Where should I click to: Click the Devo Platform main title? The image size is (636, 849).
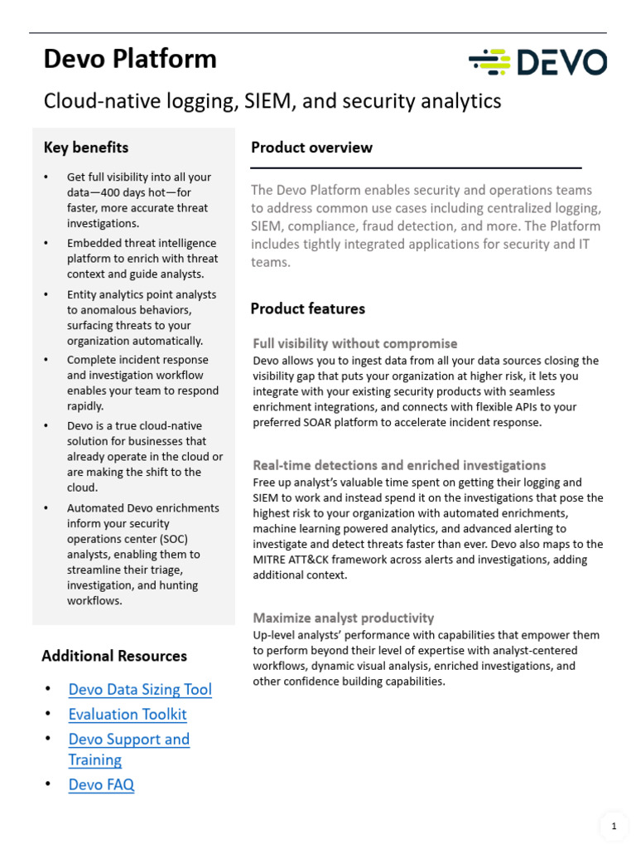130,59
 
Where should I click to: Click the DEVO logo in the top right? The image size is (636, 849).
537,62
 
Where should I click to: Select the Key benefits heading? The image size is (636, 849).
86,148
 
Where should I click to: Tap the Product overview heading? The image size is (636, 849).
311,148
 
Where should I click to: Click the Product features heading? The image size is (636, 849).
308,308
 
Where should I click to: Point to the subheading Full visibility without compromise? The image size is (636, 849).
354,343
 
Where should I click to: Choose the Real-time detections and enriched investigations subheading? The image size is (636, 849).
399,465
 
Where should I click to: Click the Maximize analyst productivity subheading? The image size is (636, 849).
343,618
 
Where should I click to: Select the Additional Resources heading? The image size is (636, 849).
114,656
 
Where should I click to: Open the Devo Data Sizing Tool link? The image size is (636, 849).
140,689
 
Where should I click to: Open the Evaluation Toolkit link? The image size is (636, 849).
128,714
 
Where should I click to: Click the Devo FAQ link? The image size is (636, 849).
101,784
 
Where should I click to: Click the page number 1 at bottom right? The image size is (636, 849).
614,826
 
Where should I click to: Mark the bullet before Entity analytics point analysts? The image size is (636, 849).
47,294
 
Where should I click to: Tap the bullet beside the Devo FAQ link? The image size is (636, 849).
48,784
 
